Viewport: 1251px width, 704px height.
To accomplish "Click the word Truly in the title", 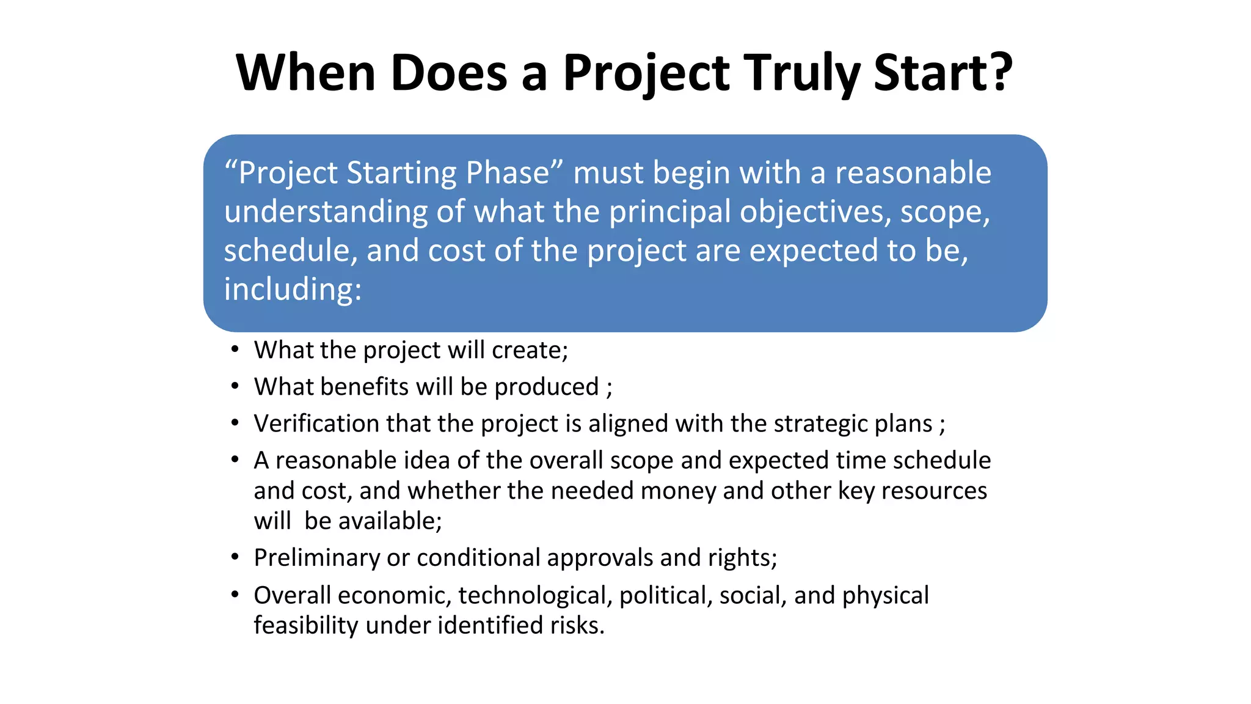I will click(802, 73).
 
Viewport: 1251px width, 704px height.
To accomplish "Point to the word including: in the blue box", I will click(293, 289).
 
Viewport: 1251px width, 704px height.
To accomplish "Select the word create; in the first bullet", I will click(530, 350).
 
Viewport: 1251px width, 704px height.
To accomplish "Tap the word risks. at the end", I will click(577, 625).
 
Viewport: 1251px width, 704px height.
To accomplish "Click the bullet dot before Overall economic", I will click(235, 594).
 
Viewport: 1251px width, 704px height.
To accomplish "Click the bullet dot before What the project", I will click(235, 350).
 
